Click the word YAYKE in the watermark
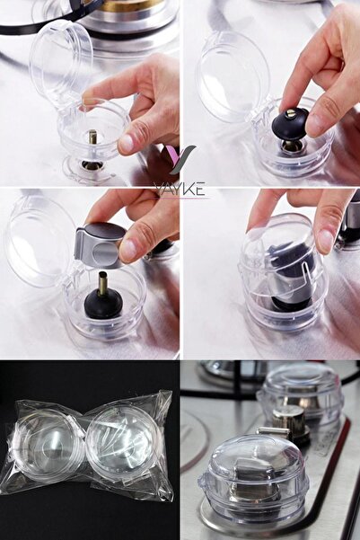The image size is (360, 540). click(x=180, y=190)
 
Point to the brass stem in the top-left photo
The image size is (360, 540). click(x=92, y=137)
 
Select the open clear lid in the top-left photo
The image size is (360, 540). click(x=61, y=61)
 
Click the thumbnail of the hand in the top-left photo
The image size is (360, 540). click(x=127, y=143)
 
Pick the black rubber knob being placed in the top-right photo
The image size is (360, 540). click(x=291, y=124)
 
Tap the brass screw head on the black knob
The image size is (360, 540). click(x=291, y=113)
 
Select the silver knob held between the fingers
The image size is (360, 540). click(x=100, y=245)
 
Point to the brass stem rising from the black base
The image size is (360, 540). click(x=103, y=284)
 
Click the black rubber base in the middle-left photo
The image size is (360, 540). click(x=103, y=305)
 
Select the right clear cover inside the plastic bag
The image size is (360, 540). click(x=121, y=436)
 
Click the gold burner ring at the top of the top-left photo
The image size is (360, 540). click(x=132, y=5)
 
